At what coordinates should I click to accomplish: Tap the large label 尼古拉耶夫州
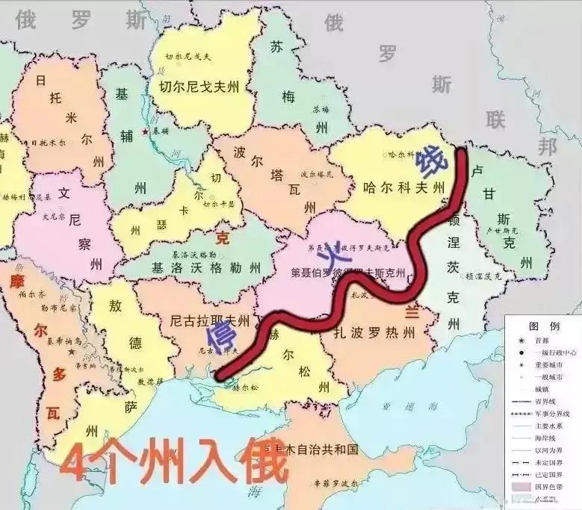coord(209,320)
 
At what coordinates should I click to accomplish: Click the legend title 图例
coord(544,326)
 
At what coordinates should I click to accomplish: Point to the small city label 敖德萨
coord(150,381)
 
